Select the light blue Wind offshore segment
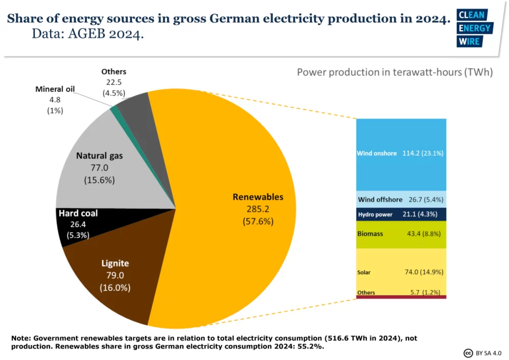point(401,199)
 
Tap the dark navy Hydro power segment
point(401,214)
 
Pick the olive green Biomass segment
point(401,234)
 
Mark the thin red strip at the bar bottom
point(401,297)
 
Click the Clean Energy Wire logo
point(475,28)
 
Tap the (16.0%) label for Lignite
point(115,287)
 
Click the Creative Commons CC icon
point(468,353)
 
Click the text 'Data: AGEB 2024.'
point(87,34)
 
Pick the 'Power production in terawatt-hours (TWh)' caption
point(395,72)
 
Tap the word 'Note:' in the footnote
point(22,338)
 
